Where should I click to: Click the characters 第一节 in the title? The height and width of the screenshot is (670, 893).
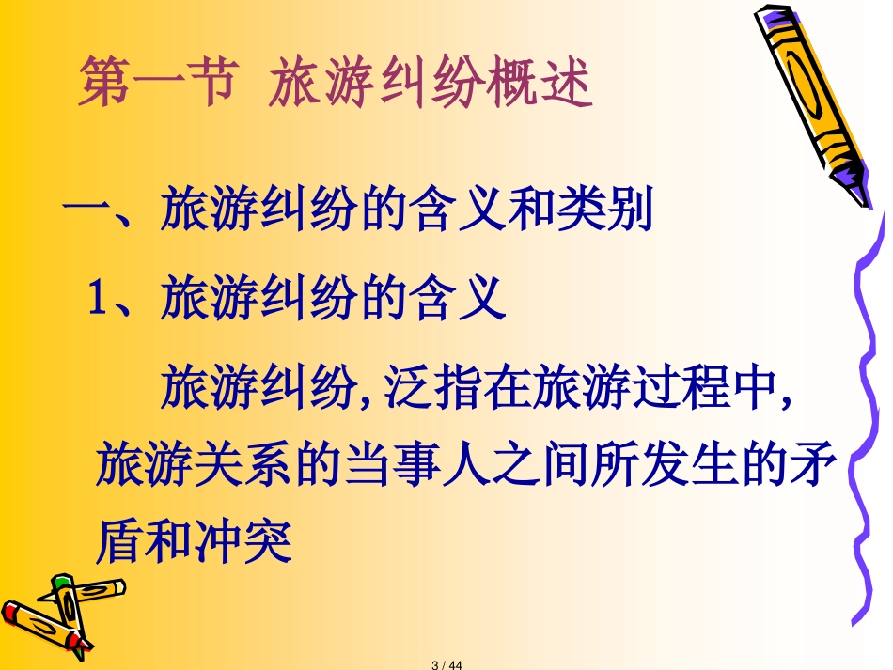point(156,81)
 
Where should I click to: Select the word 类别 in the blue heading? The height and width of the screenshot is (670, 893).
point(604,209)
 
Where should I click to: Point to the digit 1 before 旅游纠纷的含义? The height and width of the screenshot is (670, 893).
point(97,298)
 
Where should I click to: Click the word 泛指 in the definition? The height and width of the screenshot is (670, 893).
point(432,386)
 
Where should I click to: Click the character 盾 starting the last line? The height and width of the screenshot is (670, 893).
point(119,540)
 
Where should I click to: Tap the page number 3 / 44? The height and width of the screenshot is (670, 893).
point(447,664)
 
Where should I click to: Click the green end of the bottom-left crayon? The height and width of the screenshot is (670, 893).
point(61,583)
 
